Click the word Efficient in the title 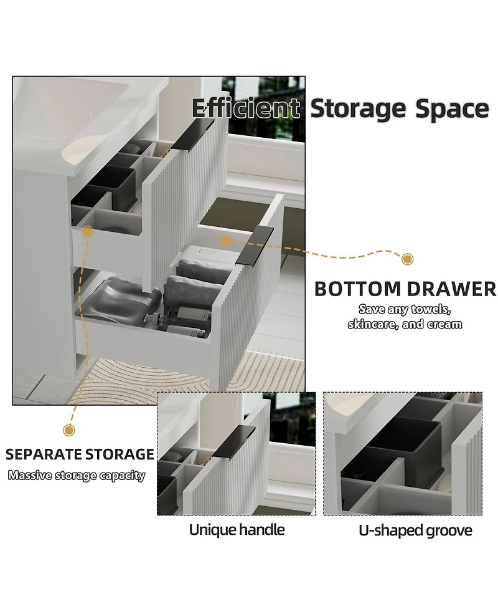[245, 108]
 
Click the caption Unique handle [237, 530]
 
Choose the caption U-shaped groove [415, 530]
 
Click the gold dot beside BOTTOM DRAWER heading [408, 259]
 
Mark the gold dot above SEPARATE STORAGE [69, 430]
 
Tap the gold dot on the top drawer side [88, 232]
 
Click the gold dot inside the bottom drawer [225, 239]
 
